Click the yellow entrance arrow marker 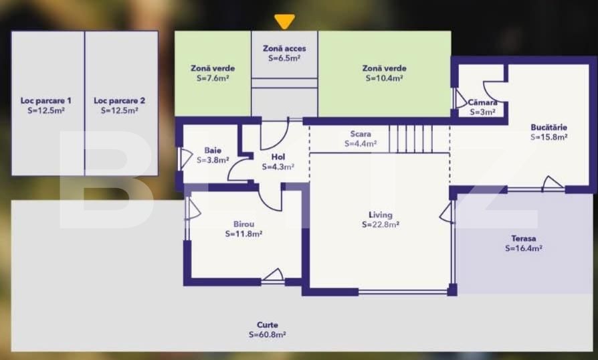(x=284, y=21)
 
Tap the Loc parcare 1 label (x=45, y=100)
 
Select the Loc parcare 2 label (x=119, y=100)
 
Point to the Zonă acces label (x=284, y=48)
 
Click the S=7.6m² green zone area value (x=213, y=78)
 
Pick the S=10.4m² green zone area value (x=385, y=78)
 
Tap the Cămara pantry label (x=483, y=102)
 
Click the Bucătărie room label (x=549, y=127)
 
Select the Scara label (x=361, y=134)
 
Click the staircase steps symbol (x=411, y=139)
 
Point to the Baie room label (x=213, y=151)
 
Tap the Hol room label (x=278, y=157)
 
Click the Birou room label (x=243, y=224)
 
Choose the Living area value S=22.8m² (x=381, y=225)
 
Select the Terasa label (x=524, y=238)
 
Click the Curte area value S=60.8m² (x=268, y=335)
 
